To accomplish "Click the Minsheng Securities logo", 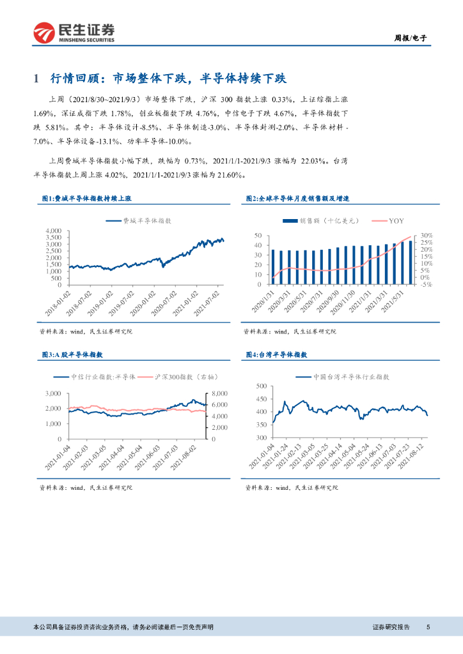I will coord(74,32).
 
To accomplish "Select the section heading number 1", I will coord(36,79).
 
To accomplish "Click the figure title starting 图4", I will coord(277,354).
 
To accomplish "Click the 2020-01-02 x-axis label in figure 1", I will coord(146,301).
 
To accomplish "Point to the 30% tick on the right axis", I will coord(427,236).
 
